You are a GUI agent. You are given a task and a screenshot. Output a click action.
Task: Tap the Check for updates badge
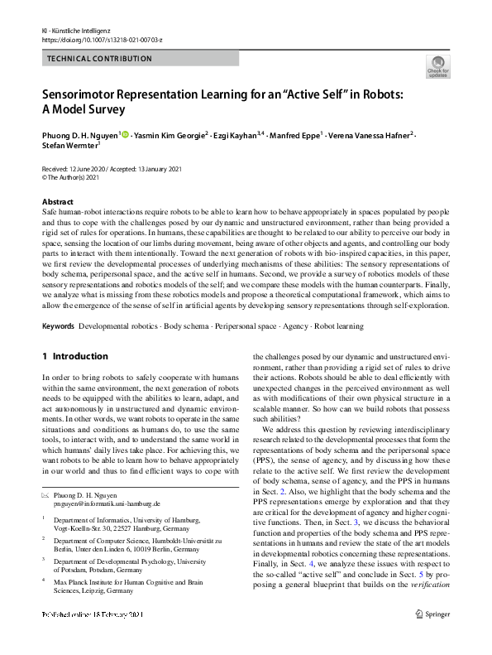click(x=437, y=67)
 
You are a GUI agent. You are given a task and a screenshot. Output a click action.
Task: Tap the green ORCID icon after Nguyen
click(x=126, y=133)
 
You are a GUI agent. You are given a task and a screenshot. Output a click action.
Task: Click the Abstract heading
click(x=57, y=202)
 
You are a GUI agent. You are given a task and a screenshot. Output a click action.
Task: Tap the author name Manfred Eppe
click(x=293, y=133)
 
